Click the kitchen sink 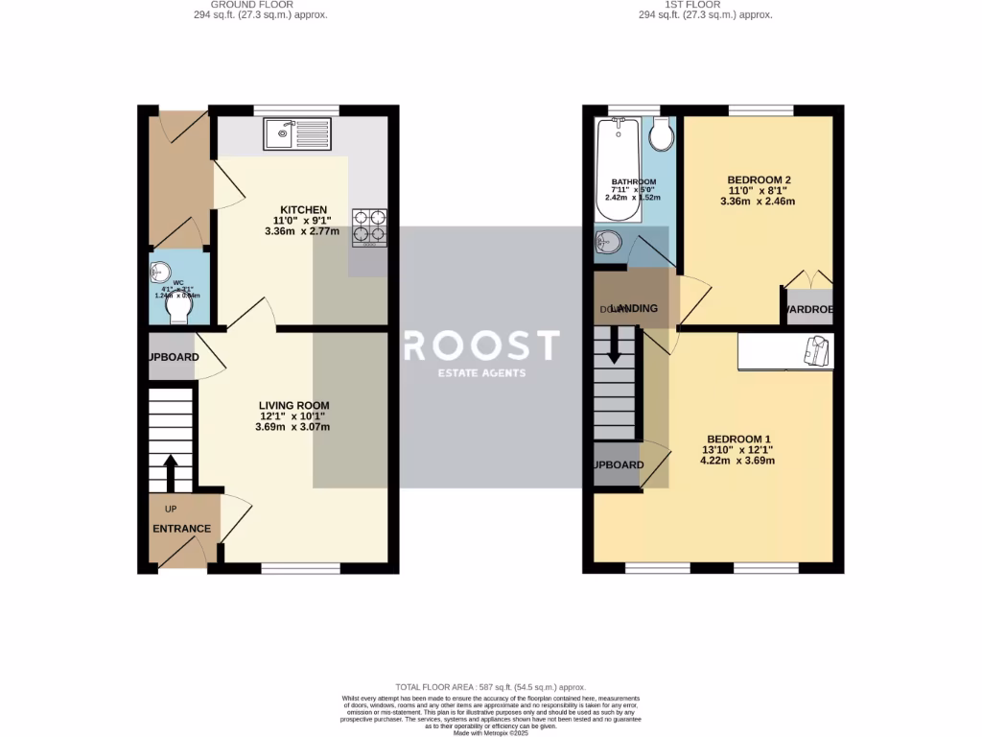(297, 133)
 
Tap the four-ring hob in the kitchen (370, 226)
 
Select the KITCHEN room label (303, 210)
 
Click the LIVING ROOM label (293, 406)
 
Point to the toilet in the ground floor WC (177, 306)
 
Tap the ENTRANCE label (181, 529)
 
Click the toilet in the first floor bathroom (660, 137)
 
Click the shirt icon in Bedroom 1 (814, 351)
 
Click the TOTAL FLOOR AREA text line (490, 688)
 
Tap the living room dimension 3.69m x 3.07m (292, 427)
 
